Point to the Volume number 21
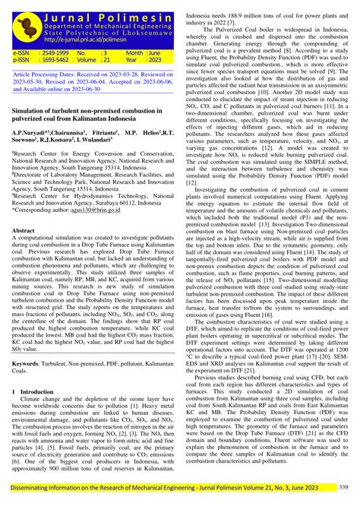106,62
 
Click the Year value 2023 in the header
153,62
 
